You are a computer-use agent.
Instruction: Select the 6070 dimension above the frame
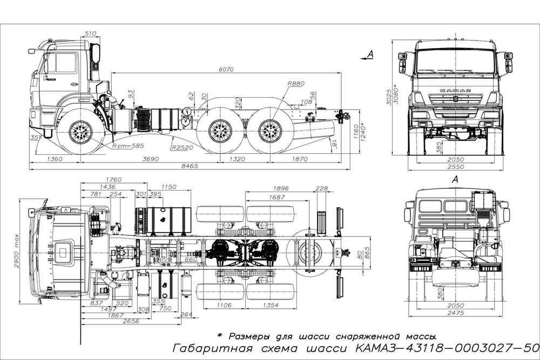click(x=226, y=70)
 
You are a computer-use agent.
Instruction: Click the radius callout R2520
click(x=182, y=147)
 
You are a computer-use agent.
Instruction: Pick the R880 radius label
click(x=296, y=84)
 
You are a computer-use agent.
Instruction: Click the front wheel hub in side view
click(x=82, y=131)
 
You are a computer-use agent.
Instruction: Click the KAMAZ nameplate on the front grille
click(x=455, y=90)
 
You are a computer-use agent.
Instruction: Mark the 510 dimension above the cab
click(x=90, y=33)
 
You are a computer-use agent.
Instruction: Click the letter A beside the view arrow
click(x=369, y=53)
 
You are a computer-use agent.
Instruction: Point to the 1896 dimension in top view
click(x=281, y=188)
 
